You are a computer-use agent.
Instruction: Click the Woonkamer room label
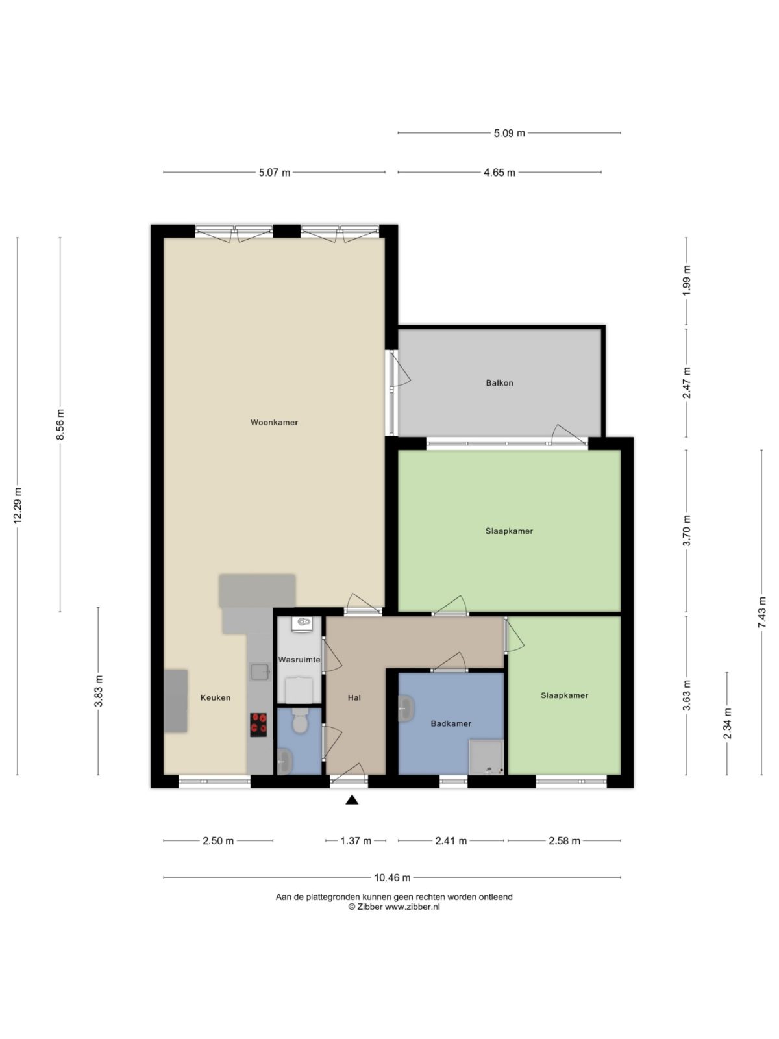tap(274, 423)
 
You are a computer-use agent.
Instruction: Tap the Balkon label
tap(499, 383)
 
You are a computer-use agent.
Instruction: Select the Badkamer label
tap(451, 723)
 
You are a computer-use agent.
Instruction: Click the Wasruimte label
tap(299, 660)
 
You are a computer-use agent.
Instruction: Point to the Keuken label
tap(215, 698)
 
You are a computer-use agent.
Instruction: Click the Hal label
tap(354, 698)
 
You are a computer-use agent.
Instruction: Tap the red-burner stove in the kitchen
tap(258, 725)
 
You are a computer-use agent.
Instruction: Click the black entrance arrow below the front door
tap(352, 800)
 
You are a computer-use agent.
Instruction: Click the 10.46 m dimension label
tap(392, 878)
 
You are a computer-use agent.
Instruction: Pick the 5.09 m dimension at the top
tap(509, 133)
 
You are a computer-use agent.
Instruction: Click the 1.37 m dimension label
tap(356, 841)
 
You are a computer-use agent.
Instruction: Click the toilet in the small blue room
tap(299, 721)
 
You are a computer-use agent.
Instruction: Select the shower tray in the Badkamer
tap(486, 757)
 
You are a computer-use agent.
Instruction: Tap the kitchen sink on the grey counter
tap(260, 671)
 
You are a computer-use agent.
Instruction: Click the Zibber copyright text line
tap(394, 907)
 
